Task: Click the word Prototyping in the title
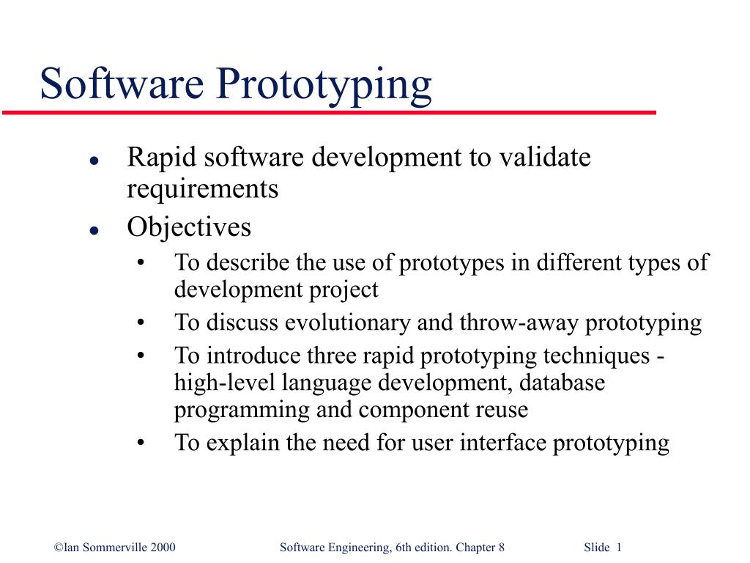tap(327, 85)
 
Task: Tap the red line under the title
tap(330, 113)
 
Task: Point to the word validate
tap(546, 158)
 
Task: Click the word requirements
tap(203, 190)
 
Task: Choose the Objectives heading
tap(189, 227)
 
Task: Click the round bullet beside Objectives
tap(94, 229)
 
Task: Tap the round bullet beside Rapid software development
tap(94, 160)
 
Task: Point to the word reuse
tap(502, 410)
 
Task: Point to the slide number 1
tap(619, 548)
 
